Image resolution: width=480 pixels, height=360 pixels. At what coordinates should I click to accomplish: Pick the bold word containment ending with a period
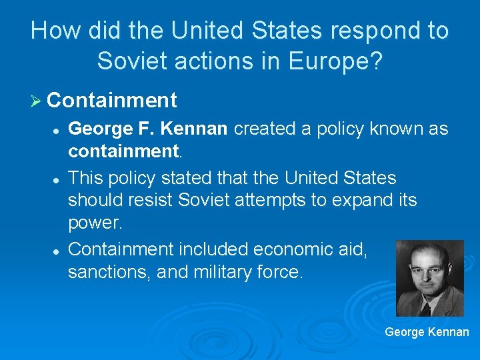click(x=124, y=152)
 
